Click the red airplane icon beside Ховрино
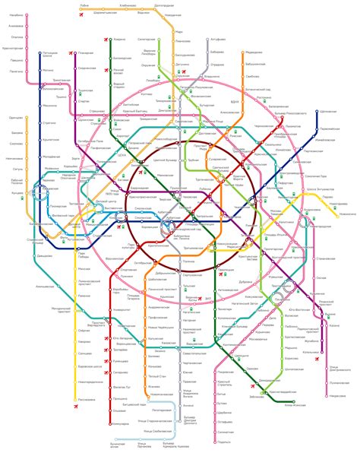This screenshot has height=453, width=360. [x=103, y=38]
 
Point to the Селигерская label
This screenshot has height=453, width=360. [x=147, y=40]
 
